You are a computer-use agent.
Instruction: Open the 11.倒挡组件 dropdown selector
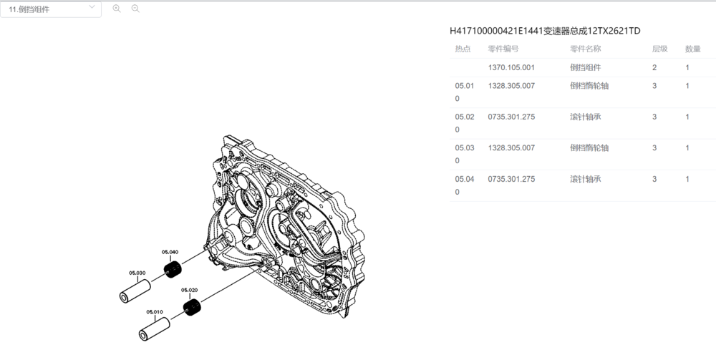tap(50, 9)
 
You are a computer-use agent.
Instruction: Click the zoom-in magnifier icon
tap(117, 9)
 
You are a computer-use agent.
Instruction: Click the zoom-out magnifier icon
tap(135, 9)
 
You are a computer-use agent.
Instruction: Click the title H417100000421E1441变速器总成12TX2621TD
tap(545, 31)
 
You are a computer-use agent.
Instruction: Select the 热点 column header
tap(463, 49)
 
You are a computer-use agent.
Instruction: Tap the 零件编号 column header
tap(503, 49)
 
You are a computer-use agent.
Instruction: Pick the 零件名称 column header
tap(585, 49)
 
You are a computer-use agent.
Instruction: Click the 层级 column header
tap(659, 49)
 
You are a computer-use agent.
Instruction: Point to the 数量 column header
tap(692, 49)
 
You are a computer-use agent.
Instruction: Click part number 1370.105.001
tap(511, 67)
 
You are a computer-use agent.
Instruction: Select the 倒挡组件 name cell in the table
tap(585, 67)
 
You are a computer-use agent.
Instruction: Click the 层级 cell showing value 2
tap(654, 67)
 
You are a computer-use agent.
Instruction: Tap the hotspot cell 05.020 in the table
tap(463, 123)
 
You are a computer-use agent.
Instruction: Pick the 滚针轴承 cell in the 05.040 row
tap(585, 179)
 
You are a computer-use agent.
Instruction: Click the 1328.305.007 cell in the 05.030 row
tap(511, 148)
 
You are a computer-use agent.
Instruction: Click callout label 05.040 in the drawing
tap(170, 252)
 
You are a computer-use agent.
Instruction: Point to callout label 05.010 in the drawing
tap(155, 312)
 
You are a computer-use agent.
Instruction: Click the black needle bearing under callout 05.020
tap(191, 308)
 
